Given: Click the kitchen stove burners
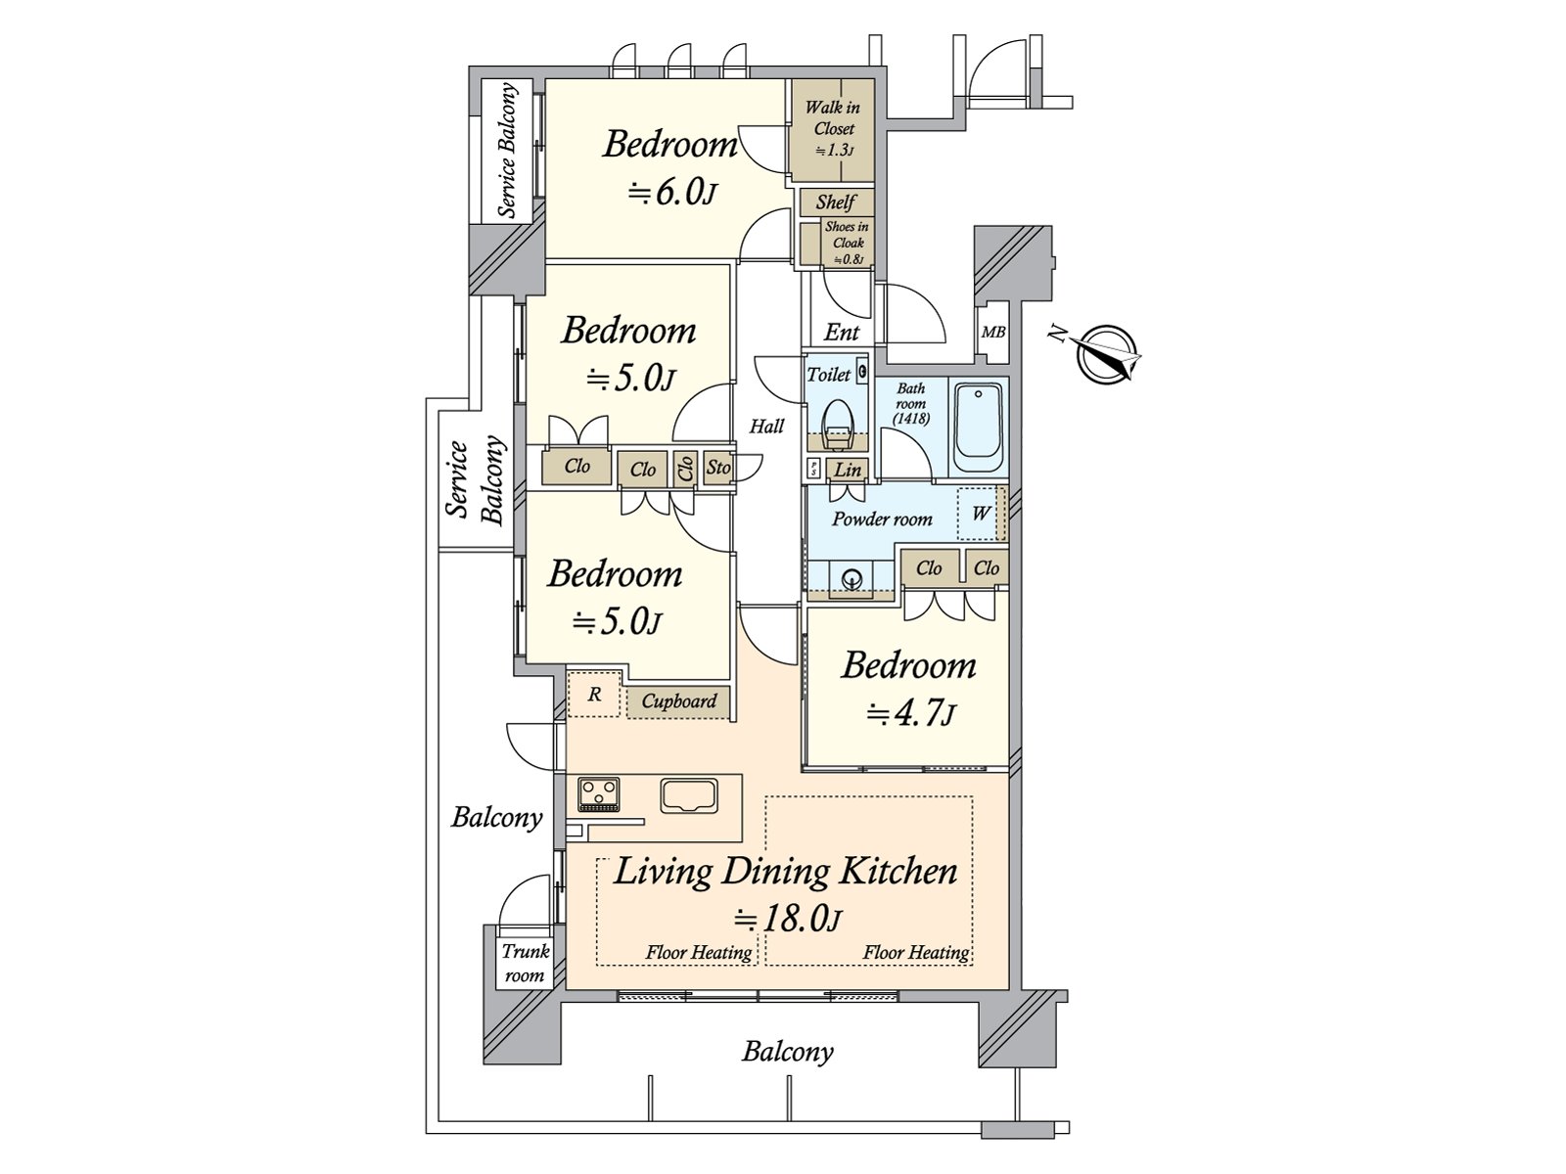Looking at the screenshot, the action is pyautogui.click(x=599, y=794).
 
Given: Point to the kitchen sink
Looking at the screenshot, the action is pyautogui.click(x=688, y=794).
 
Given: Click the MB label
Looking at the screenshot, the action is pyautogui.click(x=993, y=333).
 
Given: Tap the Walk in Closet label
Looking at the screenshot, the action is pyautogui.click(x=833, y=128).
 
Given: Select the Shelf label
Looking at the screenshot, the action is pyautogui.click(x=836, y=202).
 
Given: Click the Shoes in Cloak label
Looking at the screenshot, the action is pyautogui.click(x=847, y=243).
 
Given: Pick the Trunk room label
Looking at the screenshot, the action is pyautogui.click(x=525, y=963).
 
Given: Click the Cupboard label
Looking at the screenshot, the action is pyautogui.click(x=678, y=701).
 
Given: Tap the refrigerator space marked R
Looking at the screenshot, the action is pyautogui.click(x=594, y=694).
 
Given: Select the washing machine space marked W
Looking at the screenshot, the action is pyautogui.click(x=981, y=514).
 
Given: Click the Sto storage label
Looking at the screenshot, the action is pyautogui.click(x=718, y=468).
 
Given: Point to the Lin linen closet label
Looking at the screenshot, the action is pyautogui.click(x=849, y=470).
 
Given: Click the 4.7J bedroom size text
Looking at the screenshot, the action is pyautogui.click(x=911, y=713).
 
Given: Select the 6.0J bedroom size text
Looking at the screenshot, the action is pyautogui.click(x=671, y=193).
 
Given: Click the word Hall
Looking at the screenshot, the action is pyautogui.click(x=767, y=427).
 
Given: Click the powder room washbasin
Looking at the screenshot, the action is pyautogui.click(x=852, y=578).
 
